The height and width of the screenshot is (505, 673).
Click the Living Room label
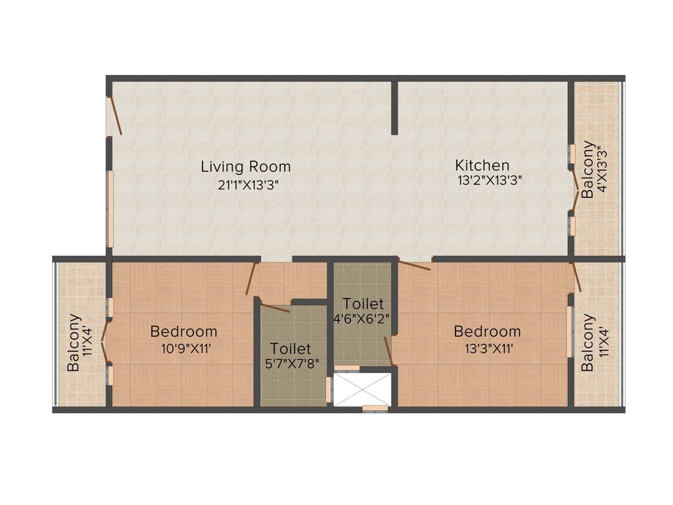246,166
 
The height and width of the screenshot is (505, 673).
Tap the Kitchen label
482,164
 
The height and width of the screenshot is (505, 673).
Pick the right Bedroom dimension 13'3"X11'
487,349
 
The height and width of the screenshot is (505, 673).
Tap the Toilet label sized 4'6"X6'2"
363,304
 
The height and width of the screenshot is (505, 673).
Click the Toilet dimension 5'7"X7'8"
290,366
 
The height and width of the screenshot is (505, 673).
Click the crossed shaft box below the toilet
363,389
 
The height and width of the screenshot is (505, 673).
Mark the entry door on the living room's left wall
115,116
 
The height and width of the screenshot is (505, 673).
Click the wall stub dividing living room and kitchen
395,107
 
